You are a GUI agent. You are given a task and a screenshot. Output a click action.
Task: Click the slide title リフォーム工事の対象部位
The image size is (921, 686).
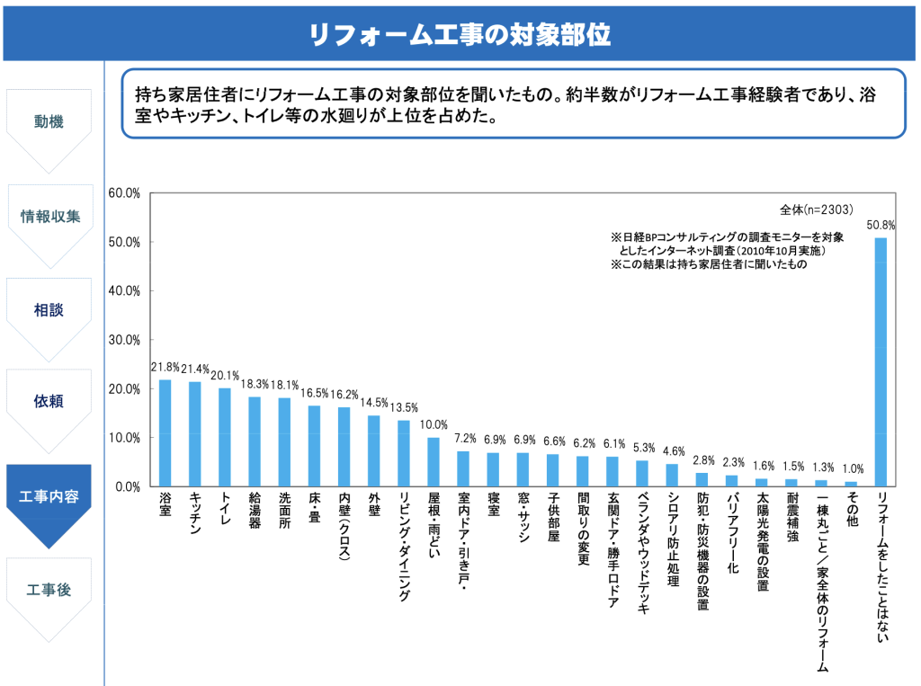[x=460, y=34]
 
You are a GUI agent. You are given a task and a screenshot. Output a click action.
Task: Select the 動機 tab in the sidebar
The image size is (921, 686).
[x=49, y=121]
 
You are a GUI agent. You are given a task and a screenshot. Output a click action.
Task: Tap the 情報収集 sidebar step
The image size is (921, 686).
[x=50, y=217]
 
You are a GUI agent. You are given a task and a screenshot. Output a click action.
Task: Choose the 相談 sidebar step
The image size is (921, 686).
[x=49, y=310]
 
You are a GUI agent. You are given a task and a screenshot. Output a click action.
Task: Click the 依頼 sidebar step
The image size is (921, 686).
[x=49, y=402]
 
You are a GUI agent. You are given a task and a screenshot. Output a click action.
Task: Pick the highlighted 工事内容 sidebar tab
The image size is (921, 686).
[x=49, y=496]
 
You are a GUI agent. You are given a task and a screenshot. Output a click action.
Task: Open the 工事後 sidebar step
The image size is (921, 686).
[x=49, y=590]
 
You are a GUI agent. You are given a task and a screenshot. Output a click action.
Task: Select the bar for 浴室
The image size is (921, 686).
[x=165, y=432]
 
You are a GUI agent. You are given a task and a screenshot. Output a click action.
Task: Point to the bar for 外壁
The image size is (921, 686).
[x=373, y=450]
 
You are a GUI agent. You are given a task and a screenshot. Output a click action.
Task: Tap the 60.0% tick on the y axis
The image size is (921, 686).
[x=123, y=193]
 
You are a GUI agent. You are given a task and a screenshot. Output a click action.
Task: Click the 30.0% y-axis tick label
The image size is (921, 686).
[x=123, y=340]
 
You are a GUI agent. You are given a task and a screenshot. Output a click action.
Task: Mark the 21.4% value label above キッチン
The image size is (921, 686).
[x=195, y=370]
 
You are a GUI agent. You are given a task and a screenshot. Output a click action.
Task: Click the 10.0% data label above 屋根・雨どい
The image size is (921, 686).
[x=434, y=425]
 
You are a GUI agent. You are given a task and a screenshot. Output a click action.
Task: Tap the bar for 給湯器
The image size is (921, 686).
[x=255, y=441]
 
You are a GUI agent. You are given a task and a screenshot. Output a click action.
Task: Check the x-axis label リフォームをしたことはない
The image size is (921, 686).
[x=881, y=568]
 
